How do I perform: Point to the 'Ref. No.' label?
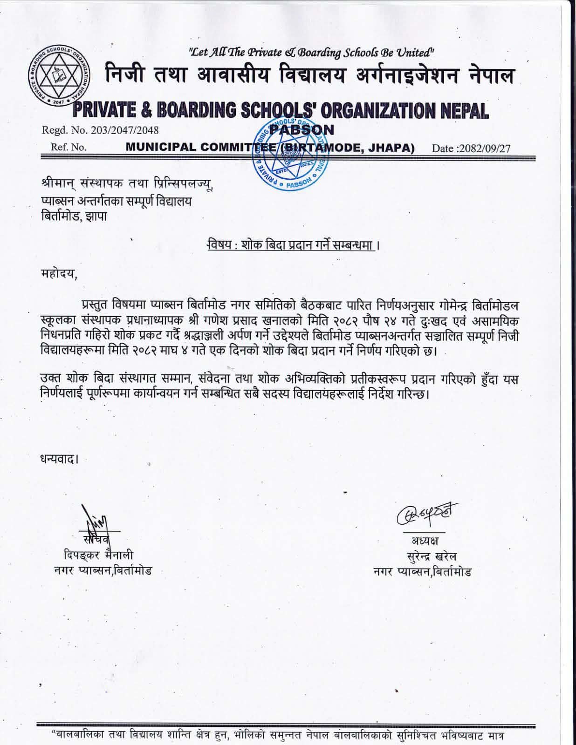[x=69, y=148]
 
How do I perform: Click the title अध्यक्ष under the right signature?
[x=424, y=541]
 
